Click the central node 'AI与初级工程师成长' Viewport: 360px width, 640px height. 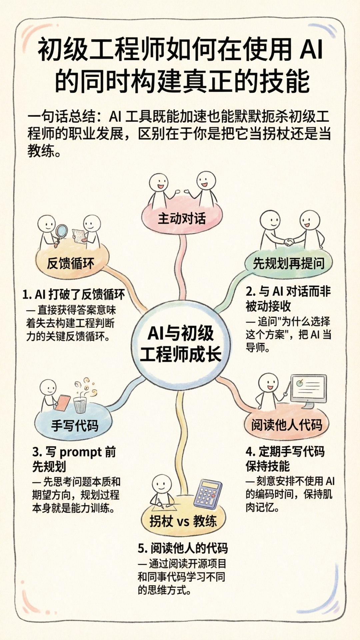[181, 343]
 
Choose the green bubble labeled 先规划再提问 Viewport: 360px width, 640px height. [289, 263]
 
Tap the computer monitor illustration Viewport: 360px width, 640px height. [308, 390]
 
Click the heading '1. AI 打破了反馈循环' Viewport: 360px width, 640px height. [74, 294]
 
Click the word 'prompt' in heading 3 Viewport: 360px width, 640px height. [80, 452]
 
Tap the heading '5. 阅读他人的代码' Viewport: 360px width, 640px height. [183, 548]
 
